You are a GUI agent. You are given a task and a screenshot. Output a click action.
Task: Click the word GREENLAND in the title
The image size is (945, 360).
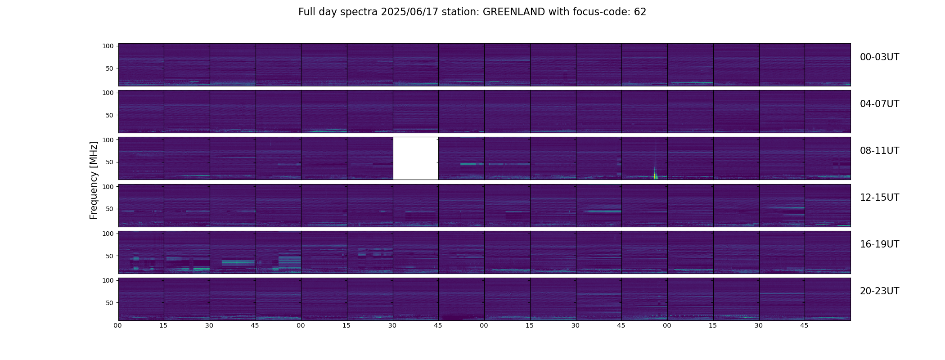coord(514,12)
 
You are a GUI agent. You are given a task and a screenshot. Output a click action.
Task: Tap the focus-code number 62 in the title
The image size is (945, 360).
coord(640,12)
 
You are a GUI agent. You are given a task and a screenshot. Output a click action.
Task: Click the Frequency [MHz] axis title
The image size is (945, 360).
coord(94,180)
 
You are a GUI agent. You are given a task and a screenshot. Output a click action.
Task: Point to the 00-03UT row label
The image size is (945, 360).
coord(879,57)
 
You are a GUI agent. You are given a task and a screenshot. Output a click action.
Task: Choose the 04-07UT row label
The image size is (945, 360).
coord(879,104)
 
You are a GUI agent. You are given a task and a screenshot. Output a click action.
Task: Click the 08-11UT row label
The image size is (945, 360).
coord(879,151)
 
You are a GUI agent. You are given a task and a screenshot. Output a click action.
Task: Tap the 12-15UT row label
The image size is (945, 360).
coord(879,198)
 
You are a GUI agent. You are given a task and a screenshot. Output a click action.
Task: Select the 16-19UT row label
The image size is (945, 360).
coord(879,244)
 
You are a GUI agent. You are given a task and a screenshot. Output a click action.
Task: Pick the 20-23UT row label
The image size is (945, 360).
coord(879,291)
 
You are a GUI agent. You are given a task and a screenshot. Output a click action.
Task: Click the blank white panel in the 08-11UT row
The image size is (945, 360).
coord(416,158)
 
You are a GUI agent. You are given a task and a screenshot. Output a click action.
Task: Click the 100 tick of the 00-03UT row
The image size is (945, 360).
coord(108,46)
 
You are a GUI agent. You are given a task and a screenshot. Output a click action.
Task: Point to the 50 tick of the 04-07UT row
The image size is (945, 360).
coord(110,115)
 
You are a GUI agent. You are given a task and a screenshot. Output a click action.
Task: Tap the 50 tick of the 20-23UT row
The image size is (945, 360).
coord(110,303)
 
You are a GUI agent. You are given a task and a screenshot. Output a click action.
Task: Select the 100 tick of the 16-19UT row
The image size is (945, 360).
coord(108,234)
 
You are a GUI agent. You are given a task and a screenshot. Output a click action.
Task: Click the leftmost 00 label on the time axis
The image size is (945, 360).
coord(118,325)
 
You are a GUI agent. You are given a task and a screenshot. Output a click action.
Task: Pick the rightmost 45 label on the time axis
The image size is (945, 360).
coord(804,325)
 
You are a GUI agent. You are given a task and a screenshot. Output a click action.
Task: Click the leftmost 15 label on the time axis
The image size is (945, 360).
coord(163,325)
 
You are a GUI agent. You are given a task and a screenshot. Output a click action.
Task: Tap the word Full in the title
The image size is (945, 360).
coord(306,12)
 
